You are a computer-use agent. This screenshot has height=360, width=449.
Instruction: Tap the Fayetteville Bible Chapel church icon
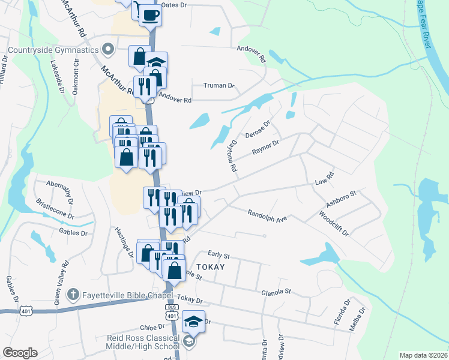coord(71,295)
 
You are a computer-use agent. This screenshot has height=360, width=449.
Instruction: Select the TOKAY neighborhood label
coord(209,267)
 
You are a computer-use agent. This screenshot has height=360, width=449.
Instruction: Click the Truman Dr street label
coord(218,86)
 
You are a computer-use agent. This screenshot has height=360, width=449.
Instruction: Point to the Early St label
coord(219,255)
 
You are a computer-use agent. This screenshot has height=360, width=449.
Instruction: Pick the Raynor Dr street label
coord(266,147)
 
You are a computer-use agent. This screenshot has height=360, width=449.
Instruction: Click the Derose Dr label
coord(258,128)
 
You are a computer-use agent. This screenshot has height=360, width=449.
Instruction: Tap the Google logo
coord(20,353)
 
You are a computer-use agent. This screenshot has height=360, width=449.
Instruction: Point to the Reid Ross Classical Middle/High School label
coord(142,342)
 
